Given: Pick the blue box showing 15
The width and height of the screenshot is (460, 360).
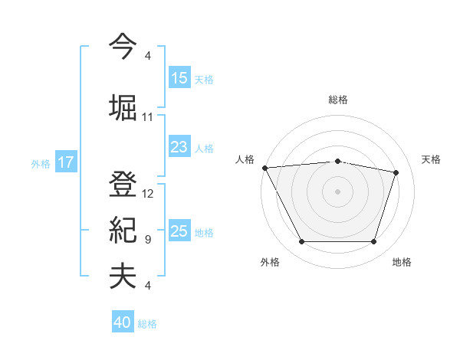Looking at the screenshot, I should [x=179, y=78].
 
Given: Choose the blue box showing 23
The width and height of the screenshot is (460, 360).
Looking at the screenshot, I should [x=179, y=147].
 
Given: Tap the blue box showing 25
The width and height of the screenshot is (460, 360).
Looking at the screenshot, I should [x=179, y=231].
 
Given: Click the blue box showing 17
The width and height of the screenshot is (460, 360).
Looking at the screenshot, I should [x=65, y=162].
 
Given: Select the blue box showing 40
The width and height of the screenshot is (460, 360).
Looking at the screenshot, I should [x=123, y=323].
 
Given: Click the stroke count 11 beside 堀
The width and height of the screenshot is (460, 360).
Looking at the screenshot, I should [x=148, y=117].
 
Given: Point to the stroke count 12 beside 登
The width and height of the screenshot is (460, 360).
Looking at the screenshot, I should [x=148, y=194].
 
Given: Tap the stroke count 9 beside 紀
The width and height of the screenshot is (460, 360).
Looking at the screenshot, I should [x=148, y=240].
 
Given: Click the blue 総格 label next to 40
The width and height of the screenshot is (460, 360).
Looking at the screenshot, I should [x=147, y=324].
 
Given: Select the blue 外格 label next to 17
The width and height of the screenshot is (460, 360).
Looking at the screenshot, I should [x=41, y=163].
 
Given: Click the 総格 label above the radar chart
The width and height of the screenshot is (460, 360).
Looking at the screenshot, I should [x=337, y=100].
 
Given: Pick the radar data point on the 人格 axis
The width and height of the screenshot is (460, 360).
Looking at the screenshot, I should [x=264, y=168].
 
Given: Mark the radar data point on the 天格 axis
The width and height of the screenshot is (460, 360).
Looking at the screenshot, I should [x=396, y=172].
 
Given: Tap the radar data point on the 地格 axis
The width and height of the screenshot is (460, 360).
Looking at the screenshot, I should [x=373, y=242].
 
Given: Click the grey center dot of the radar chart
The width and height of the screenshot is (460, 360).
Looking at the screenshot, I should [x=337, y=191].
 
